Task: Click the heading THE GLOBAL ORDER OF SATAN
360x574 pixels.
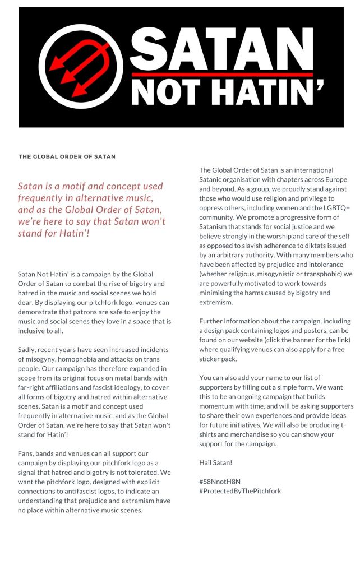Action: (67, 156)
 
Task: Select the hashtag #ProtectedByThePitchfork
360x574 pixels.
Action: (240, 490)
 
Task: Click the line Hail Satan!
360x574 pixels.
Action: (216, 462)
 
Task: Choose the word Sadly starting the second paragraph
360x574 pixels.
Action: (29, 350)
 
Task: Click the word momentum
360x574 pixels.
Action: (219, 397)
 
